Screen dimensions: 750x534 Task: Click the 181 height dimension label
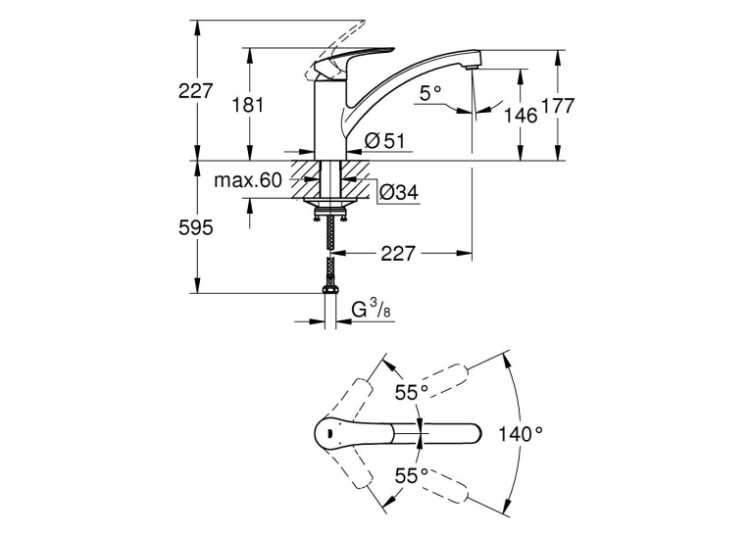248,104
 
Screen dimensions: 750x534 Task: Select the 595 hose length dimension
195,228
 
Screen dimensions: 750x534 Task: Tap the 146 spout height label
521,116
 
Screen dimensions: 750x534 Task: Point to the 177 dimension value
558,106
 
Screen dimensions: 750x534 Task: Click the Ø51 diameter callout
384,141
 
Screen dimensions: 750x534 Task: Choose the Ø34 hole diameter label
398,192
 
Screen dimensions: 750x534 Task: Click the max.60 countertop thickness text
248,180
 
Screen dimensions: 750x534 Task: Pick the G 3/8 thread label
372,311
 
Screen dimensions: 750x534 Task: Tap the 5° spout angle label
430,94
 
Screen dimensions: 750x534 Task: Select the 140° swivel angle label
521,434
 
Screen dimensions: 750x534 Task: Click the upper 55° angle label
411,393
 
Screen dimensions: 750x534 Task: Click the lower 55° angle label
411,475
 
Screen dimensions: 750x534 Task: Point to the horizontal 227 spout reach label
397,254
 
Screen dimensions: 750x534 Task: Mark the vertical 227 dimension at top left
195,90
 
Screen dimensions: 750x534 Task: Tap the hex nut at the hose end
330,289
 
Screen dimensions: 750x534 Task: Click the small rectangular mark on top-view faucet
329,434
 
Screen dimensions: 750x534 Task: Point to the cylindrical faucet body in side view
330,120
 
